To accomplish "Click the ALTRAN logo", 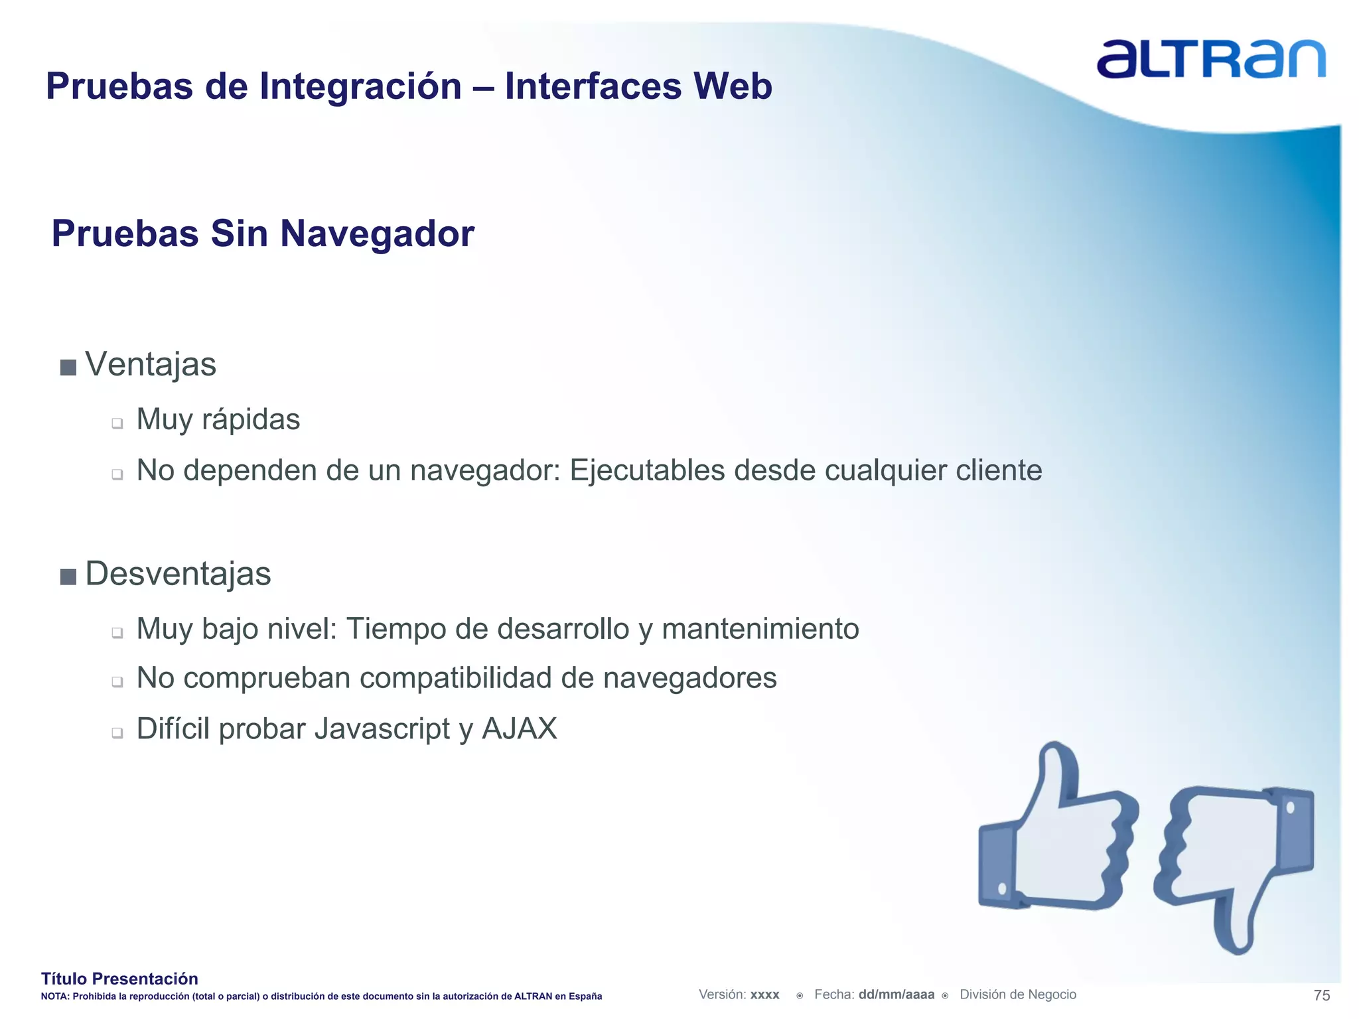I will (x=1210, y=59).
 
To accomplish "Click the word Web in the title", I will (x=733, y=86).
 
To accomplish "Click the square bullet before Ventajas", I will (x=68, y=368).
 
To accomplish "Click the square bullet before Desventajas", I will (x=68, y=577).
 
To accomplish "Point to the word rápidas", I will (x=251, y=420).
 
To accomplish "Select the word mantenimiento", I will (x=760, y=629).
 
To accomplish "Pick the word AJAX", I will (x=520, y=729).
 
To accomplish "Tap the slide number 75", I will (x=1322, y=995).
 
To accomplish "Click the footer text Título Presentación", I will (x=119, y=979).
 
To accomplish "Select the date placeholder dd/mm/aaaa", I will (x=896, y=994).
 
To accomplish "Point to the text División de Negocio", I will (x=1018, y=994).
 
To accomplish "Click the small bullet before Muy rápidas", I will (x=117, y=423).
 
